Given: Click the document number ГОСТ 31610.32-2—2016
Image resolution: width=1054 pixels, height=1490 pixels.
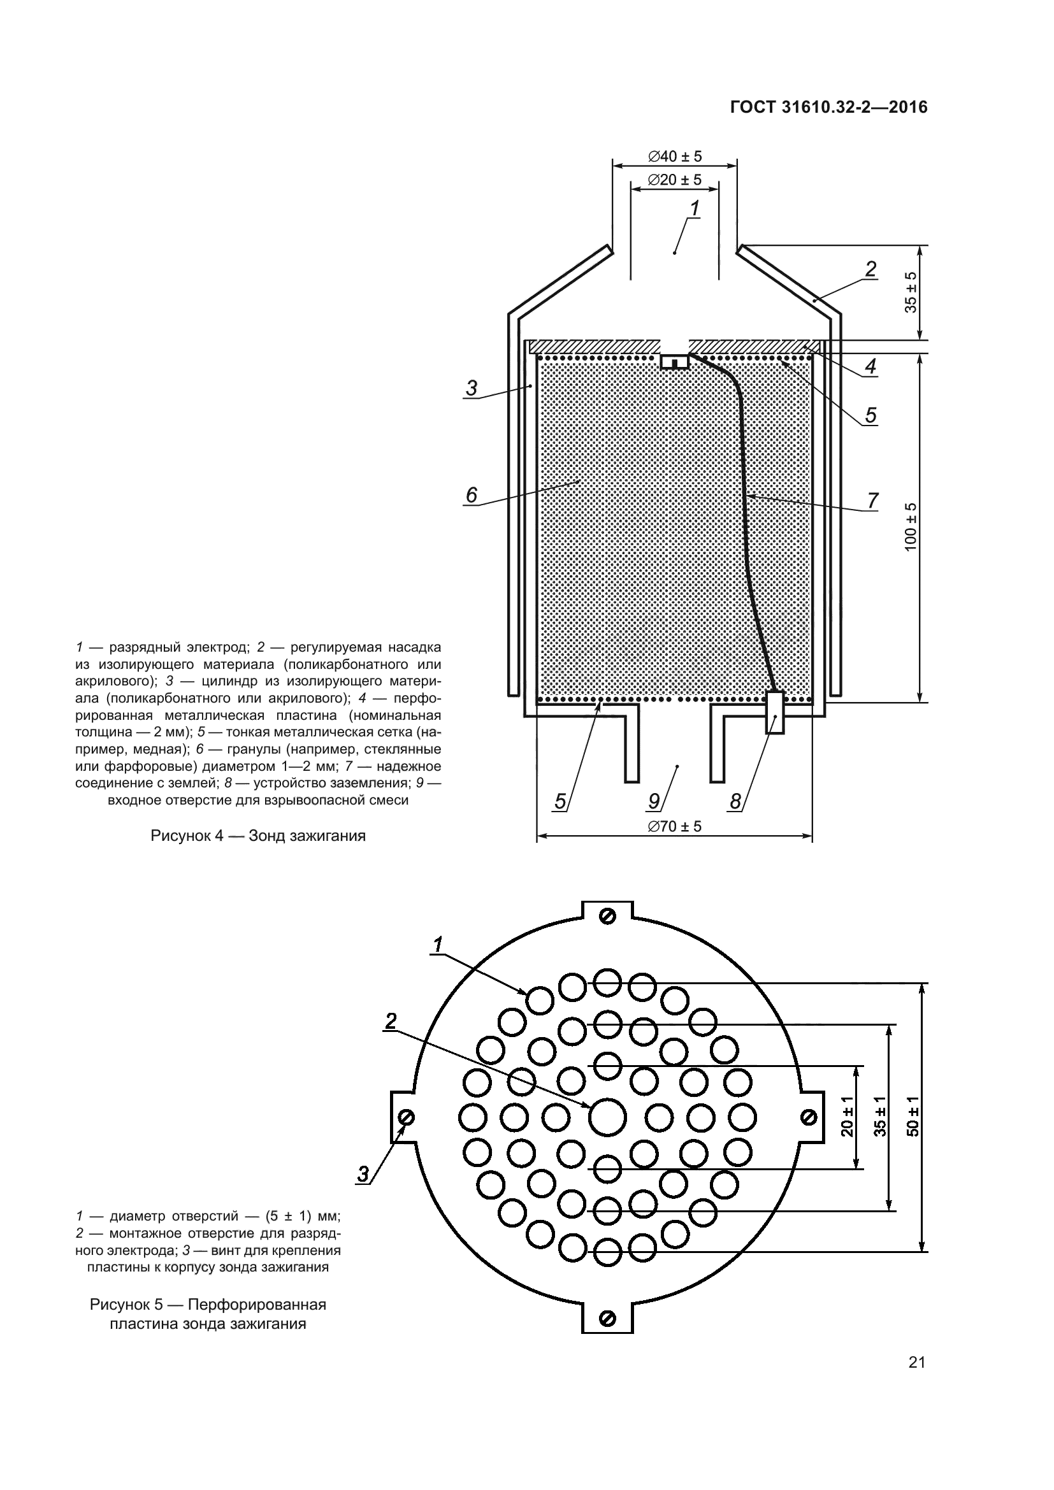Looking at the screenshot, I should click(829, 108).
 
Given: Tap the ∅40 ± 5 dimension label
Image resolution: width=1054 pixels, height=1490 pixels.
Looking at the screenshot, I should click(674, 157).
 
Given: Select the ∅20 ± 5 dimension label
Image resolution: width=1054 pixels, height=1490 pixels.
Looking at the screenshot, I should click(674, 180).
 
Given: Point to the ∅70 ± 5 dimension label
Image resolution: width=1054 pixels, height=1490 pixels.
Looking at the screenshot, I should click(674, 826).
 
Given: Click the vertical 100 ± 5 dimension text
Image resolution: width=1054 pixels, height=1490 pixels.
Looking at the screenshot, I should click(911, 527).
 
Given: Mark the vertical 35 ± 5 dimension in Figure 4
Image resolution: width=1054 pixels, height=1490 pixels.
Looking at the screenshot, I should click(911, 292).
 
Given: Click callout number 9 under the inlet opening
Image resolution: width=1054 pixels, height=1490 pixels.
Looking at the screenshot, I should click(654, 802).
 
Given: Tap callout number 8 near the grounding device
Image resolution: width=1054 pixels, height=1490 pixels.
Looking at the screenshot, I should click(735, 802).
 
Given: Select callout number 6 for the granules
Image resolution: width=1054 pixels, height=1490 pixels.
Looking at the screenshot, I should click(471, 495).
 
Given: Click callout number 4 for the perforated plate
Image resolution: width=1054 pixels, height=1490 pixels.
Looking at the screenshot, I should click(870, 367).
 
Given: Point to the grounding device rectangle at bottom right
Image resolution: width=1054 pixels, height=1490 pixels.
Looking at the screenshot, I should click(775, 713).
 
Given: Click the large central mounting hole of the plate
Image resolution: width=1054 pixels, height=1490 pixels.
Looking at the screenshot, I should click(607, 1117).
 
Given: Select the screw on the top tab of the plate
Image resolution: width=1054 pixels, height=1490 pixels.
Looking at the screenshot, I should click(608, 915).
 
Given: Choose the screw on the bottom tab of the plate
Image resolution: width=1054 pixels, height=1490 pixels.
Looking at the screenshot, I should click(608, 1318).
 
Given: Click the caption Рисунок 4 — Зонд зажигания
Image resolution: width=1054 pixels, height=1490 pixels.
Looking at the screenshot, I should click(257, 836).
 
